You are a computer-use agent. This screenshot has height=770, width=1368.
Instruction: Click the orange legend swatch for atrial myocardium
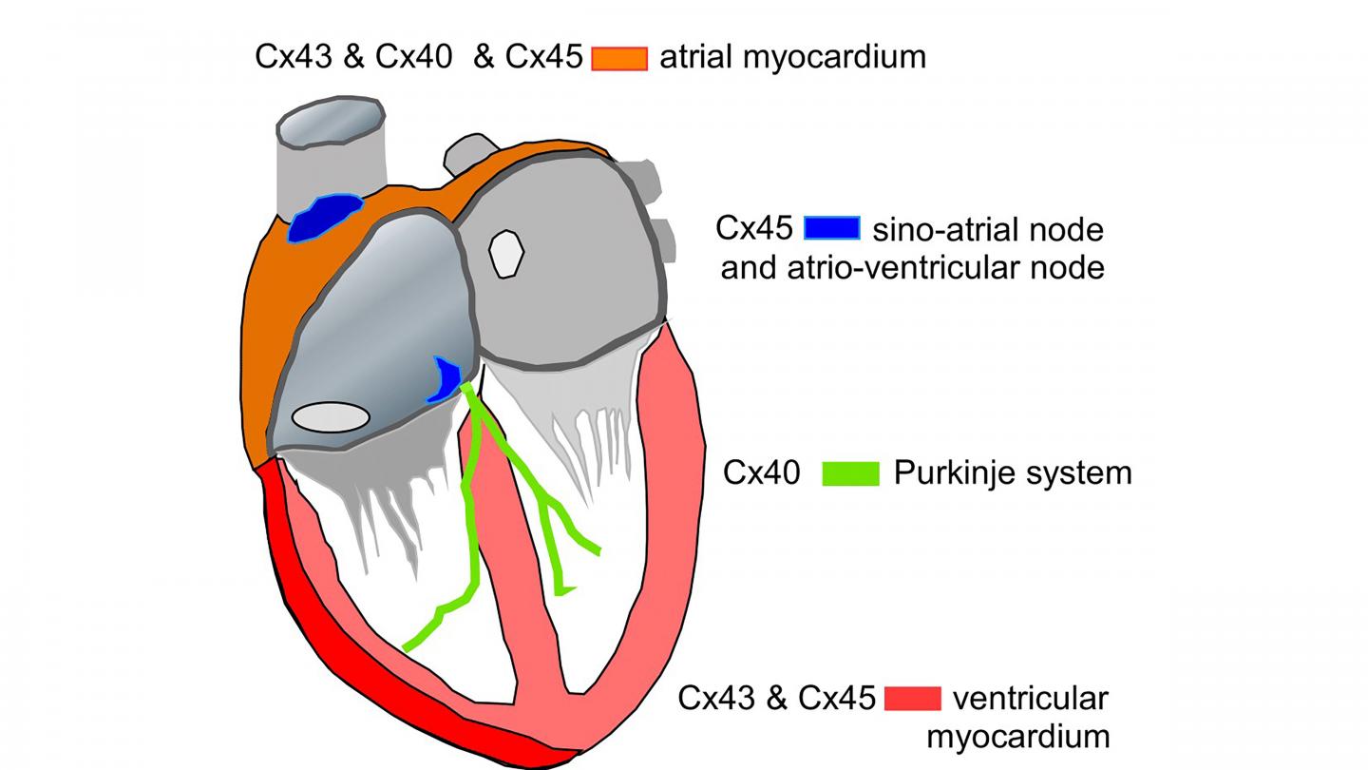tap(619, 58)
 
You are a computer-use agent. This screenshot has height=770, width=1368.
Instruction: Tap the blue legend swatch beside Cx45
tap(832, 228)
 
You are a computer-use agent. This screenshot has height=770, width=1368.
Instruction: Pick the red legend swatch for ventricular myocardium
tap(912, 699)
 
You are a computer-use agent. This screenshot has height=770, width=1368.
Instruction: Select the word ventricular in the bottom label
tap(1030, 699)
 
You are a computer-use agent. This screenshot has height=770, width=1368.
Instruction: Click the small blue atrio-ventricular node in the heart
tap(445, 379)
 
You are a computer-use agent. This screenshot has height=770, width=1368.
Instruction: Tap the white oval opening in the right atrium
tap(330, 416)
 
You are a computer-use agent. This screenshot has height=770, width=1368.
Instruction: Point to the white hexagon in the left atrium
tap(506, 253)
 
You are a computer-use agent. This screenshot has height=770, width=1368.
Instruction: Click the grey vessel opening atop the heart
tap(330, 123)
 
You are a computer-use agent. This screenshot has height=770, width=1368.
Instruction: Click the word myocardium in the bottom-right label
tap(1017, 736)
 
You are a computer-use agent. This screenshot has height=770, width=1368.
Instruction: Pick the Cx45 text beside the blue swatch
tap(754, 228)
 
